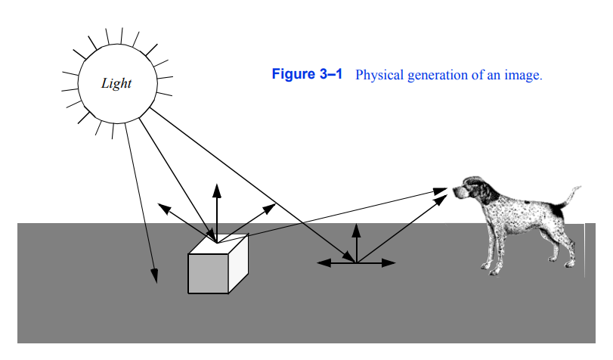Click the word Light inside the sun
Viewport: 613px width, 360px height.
tap(116, 83)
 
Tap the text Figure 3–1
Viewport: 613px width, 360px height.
tap(307, 75)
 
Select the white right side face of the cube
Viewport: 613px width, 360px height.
tap(238, 264)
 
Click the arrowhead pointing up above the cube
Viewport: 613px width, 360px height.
tap(217, 189)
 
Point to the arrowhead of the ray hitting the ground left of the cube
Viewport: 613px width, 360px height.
tap(156, 277)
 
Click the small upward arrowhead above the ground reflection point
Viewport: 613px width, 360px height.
tap(356, 228)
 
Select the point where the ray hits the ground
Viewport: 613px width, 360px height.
tap(356, 262)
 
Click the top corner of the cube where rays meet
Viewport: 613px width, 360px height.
tap(218, 243)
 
